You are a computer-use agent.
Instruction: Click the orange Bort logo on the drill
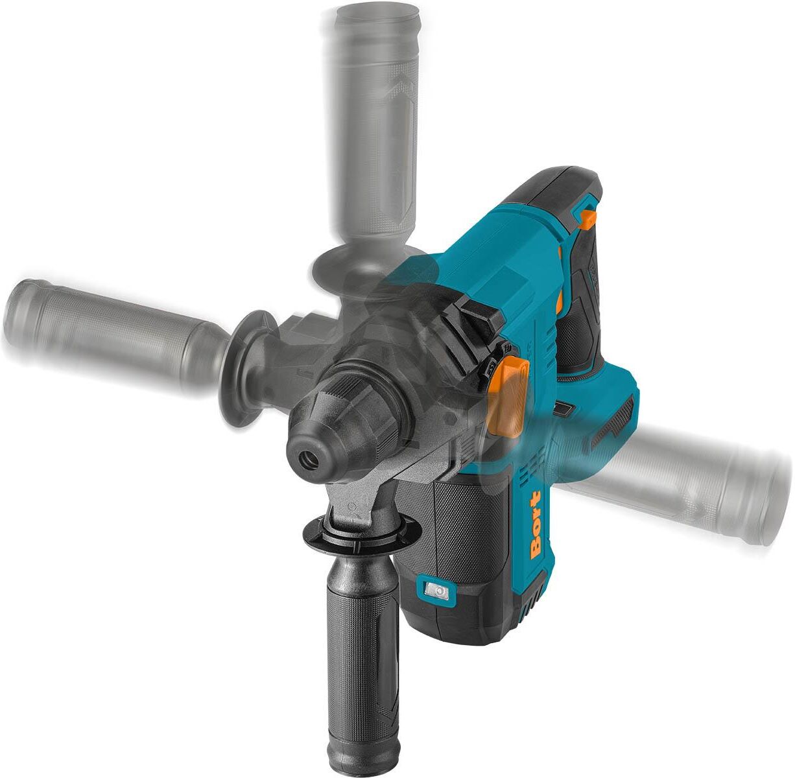[x=536, y=526]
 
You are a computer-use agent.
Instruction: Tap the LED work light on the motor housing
[x=436, y=591]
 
